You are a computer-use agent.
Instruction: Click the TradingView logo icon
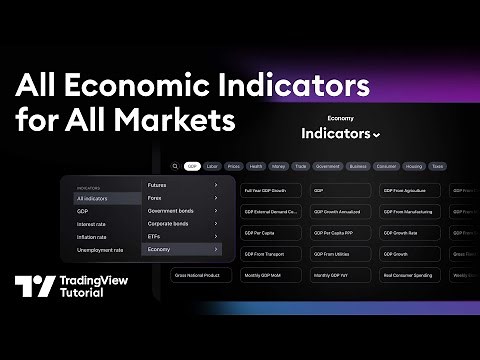33,287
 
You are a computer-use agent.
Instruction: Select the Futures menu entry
180,185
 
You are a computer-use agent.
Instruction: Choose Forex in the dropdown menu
180,198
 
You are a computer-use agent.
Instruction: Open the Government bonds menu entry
180,211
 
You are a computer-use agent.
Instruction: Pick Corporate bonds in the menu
180,223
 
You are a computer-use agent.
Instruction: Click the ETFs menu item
180,236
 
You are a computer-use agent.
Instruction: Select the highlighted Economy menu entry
180,249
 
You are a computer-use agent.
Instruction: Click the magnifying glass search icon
174,166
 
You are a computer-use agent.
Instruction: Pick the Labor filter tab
212,166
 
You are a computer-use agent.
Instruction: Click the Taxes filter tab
437,166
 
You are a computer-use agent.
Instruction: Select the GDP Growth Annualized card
338,212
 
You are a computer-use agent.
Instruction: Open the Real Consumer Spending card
407,273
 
